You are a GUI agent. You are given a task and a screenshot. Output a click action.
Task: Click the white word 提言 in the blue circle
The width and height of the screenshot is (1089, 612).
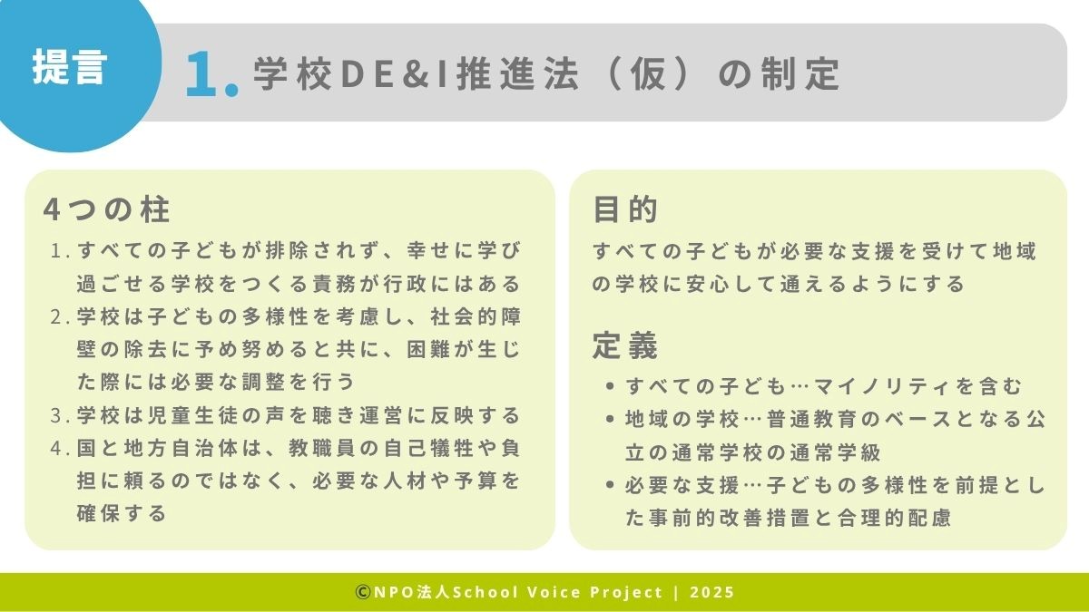tap(70, 67)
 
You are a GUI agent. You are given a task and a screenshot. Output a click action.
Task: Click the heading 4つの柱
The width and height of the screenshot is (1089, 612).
tap(106, 209)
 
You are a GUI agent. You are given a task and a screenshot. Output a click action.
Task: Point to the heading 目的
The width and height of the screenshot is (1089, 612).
tap(625, 209)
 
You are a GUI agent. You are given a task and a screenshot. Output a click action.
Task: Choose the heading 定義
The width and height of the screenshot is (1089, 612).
tap(625, 345)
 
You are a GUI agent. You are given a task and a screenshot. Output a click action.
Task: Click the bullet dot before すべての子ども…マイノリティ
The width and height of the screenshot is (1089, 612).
tap(610, 386)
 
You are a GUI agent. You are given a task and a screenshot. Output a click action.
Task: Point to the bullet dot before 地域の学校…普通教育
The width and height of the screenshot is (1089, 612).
tap(610, 419)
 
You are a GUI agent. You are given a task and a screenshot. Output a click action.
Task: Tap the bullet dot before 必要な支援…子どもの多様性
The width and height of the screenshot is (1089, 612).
tap(610, 485)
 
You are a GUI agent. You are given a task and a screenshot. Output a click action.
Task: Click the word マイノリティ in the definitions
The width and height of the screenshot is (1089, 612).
tap(881, 386)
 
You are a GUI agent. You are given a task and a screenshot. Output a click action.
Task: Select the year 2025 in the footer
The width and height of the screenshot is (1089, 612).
tap(711, 592)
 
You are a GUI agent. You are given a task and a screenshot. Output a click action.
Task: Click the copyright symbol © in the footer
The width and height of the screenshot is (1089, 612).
tap(363, 592)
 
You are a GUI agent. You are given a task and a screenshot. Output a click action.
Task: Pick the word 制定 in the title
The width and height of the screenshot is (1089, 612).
tap(800, 73)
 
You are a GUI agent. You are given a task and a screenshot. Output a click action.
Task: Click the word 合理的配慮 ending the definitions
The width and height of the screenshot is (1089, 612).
tap(894, 518)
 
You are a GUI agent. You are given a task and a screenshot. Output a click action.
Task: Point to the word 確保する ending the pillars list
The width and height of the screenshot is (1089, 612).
tap(122, 514)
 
